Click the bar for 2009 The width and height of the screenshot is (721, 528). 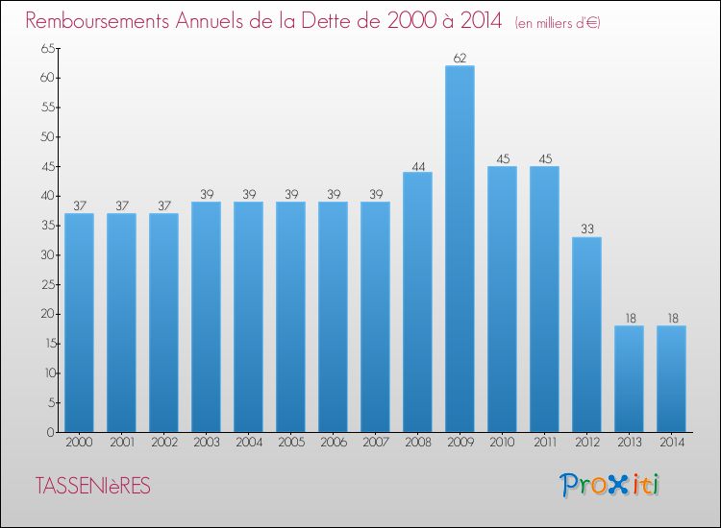click(x=460, y=249)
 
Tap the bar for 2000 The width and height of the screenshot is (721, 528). click(x=79, y=323)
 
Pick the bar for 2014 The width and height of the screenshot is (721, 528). click(x=671, y=378)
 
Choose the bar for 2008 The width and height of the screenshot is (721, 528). click(x=417, y=301)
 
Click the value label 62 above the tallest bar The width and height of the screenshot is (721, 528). click(x=460, y=59)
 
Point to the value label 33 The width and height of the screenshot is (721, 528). click(x=586, y=229)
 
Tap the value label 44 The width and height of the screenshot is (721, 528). click(x=417, y=165)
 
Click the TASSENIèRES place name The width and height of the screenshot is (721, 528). click(x=92, y=487)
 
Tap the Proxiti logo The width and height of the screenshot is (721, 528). click(x=609, y=485)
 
